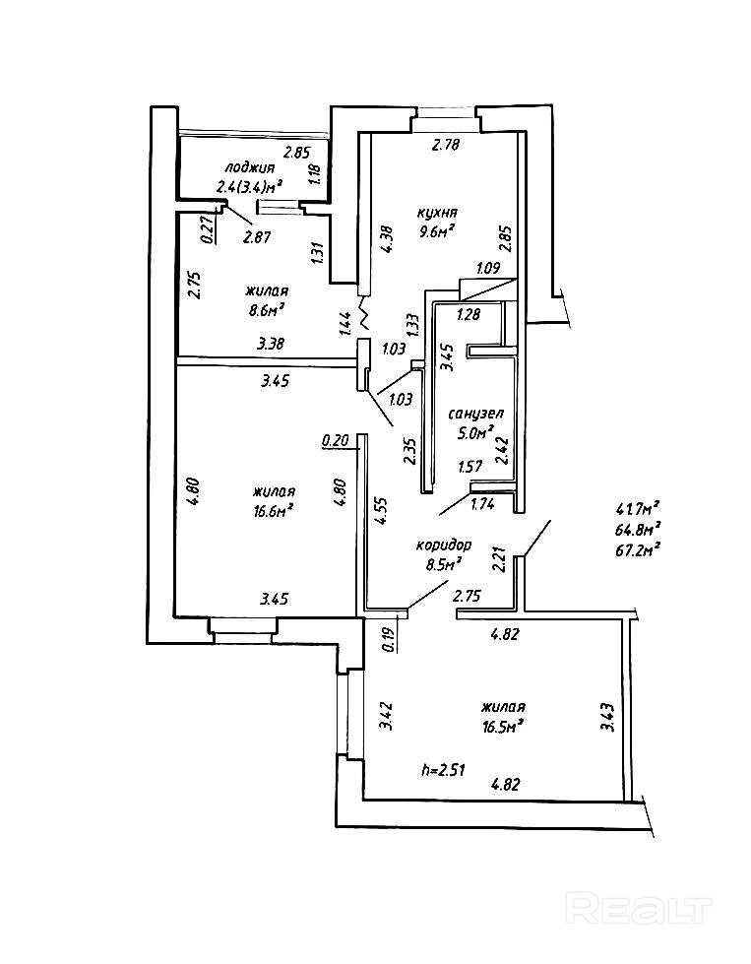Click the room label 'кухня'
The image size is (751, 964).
coord(437,213)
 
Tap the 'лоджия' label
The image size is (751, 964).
coord(248,167)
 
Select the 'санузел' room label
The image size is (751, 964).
coord(475,416)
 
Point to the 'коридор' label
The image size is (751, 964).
coord(442,545)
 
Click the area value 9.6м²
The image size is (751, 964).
coord(435,232)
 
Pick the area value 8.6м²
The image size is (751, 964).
coord(265,309)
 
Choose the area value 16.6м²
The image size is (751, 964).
coord(273,510)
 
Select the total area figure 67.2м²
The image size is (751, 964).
coord(636,548)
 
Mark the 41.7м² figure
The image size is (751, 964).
coord(636,509)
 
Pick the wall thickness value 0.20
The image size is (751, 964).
coord(336,441)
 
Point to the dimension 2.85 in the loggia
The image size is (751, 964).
coord(297,153)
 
